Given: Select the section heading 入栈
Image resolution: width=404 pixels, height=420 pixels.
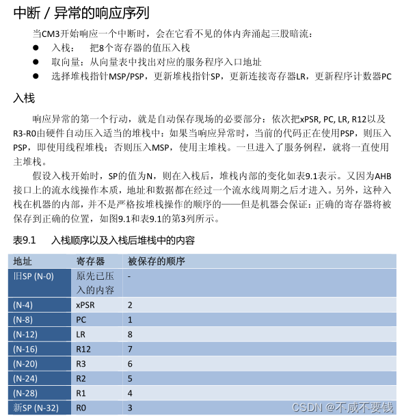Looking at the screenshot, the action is point(25,99).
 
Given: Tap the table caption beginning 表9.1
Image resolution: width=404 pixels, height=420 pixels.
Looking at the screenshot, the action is point(103,241).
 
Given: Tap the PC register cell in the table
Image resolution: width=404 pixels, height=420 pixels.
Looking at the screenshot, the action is point(81,319).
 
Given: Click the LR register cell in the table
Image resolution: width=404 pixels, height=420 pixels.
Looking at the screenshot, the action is point(81,334).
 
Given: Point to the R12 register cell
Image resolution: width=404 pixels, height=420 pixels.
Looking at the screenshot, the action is point(83,349).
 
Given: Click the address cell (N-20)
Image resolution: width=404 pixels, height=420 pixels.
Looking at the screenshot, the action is point(25,364).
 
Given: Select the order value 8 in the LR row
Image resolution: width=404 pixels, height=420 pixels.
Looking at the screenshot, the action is point(130,334).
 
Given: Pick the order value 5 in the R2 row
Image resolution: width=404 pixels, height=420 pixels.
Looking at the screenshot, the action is point(130,378).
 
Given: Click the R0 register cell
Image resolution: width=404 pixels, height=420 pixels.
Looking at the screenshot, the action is point(81,408).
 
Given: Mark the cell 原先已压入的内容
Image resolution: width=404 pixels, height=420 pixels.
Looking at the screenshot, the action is point(95,283).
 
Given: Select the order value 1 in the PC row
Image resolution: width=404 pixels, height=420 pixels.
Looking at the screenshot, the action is point(130,319).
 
